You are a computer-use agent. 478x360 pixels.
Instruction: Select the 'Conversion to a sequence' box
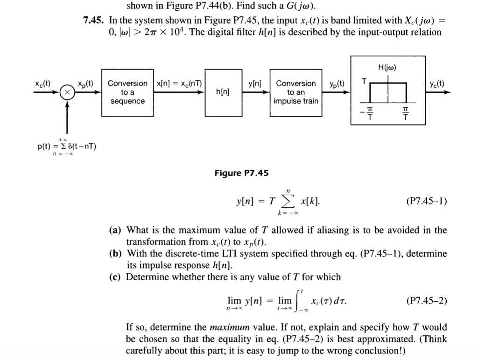click(127, 92)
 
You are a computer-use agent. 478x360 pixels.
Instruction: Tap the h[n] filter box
click(222, 92)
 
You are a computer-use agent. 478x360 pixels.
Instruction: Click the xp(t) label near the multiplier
click(85, 84)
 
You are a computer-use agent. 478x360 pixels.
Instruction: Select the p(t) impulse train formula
click(66, 147)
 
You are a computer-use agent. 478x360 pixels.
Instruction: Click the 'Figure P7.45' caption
click(242, 174)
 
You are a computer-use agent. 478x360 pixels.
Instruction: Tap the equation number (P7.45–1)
click(426, 202)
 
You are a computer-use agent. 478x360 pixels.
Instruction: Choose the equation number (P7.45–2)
click(426, 301)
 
